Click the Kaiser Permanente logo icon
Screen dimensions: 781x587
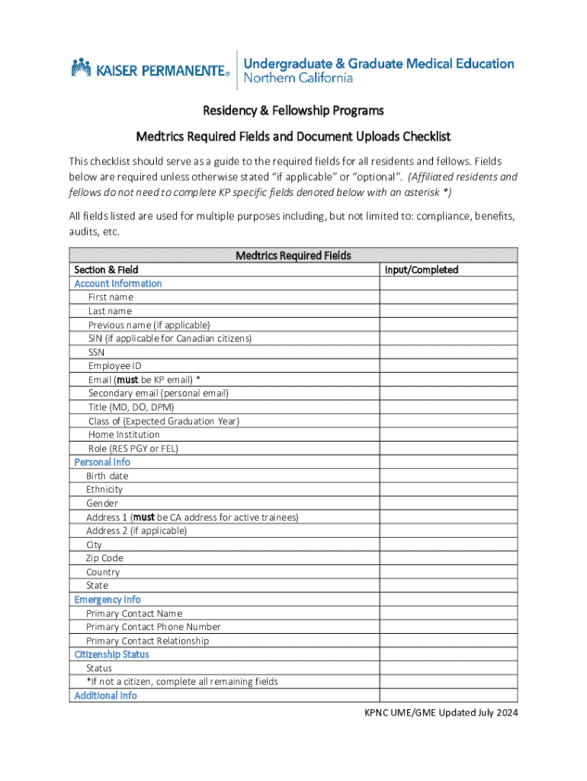coord(82,68)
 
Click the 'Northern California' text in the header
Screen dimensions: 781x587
coord(298,78)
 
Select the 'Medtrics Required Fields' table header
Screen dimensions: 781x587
coord(293,256)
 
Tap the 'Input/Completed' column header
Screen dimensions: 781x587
coord(422,269)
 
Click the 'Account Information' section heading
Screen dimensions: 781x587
coord(117,283)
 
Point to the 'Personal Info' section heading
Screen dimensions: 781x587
coord(102,462)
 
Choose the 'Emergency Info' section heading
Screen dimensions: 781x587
coord(107,599)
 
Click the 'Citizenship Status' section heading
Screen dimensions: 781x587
coord(111,654)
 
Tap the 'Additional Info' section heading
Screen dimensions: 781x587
coord(105,696)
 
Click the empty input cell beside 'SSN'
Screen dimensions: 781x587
coord(448,352)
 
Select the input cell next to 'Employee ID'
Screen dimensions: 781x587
coord(448,366)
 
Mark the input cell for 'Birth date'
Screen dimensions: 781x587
coord(448,476)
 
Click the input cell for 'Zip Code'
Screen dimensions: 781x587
coord(448,558)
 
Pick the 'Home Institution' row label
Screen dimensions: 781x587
coord(124,435)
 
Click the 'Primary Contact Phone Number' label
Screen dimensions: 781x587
coord(153,627)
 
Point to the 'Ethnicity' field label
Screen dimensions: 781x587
coord(104,490)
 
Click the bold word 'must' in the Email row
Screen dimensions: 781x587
coord(127,380)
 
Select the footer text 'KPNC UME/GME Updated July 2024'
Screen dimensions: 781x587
coord(440,713)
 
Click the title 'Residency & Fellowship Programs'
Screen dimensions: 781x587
coord(293,111)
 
